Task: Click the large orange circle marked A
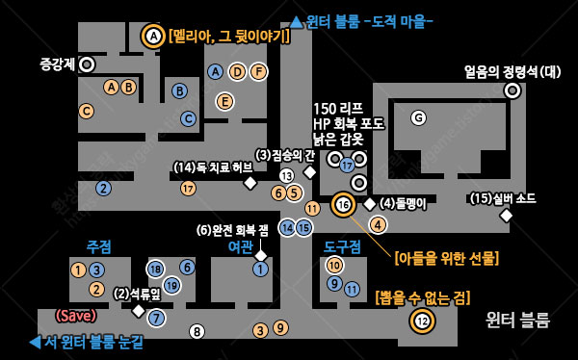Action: [152, 37]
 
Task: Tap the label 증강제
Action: [57, 64]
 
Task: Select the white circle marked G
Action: [417, 117]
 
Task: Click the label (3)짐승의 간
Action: [284, 155]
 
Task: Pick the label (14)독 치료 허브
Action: [213, 167]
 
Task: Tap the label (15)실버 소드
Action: [503, 198]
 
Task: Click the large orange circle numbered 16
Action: [344, 204]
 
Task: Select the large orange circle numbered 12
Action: [421, 320]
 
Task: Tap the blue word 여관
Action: [240, 245]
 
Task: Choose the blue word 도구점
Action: [342, 246]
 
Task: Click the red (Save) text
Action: [75, 315]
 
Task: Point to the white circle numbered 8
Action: [197, 332]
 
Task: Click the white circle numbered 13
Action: [286, 175]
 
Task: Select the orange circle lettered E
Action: [224, 101]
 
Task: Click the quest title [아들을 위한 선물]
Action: [446, 258]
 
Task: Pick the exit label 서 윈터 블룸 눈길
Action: [87, 342]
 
